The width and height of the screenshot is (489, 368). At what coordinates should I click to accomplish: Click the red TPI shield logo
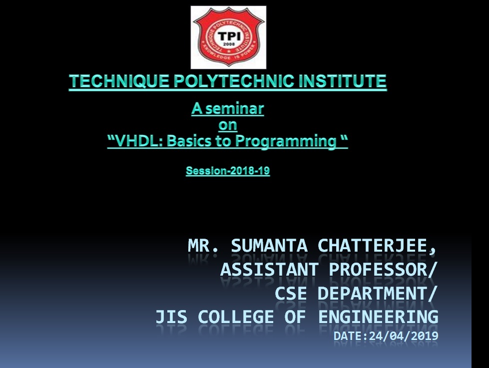coord(229,37)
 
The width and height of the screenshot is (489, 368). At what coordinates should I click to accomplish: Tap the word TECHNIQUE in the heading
coord(119,81)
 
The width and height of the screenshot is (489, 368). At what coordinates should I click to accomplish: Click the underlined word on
coord(228,125)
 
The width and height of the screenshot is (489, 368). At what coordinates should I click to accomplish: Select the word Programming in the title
coord(286,141)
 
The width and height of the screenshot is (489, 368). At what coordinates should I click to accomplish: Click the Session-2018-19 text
coord(228,171)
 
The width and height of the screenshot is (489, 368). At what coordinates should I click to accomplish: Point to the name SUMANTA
coord(269,246)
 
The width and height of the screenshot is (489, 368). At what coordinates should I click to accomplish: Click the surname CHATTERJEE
coord(372,246)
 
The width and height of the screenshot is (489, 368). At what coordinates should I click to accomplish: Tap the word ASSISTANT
coord(269,270)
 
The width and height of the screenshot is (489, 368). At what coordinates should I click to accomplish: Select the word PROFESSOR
coord(378,270)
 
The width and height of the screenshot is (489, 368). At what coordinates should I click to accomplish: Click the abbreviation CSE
coord(291,294)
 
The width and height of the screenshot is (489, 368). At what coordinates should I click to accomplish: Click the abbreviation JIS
coord(171,317)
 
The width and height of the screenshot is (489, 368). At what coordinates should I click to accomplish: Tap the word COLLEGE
coord(236,317)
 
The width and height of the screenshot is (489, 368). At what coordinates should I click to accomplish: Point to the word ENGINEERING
coord(378,317)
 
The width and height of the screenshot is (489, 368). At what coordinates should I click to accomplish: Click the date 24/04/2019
coord(404,336)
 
